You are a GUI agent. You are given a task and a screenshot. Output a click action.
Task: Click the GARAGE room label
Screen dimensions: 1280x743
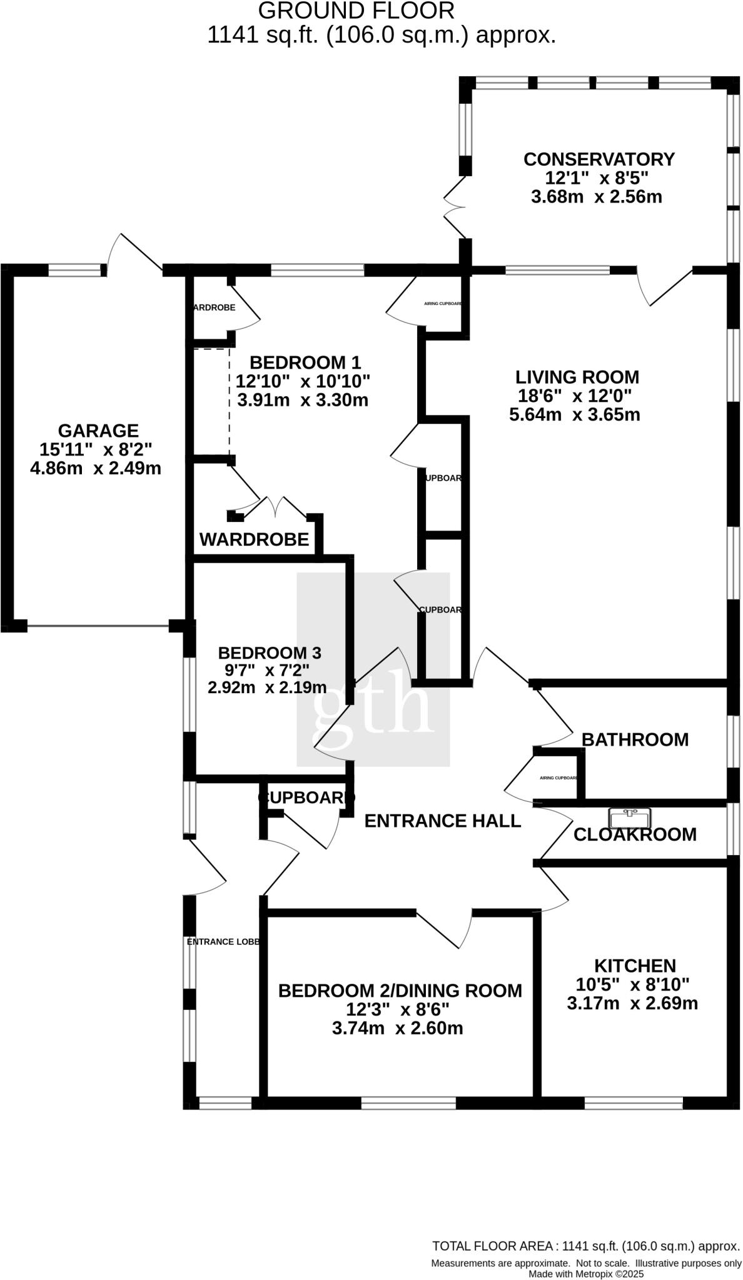[98, 431]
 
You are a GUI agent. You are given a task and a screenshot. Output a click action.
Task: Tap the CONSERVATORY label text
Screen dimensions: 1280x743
[599, 159]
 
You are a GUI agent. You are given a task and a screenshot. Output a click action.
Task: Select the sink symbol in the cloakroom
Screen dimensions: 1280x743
[630, 817]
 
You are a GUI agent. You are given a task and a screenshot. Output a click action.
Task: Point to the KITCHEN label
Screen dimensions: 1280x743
[634, 966]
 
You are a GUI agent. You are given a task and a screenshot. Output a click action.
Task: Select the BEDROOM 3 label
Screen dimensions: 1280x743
[269, 653]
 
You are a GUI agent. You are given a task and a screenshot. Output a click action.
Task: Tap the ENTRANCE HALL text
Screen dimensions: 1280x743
[442, 821]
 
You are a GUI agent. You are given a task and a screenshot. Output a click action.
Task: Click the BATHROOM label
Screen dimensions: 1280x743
[635, 739]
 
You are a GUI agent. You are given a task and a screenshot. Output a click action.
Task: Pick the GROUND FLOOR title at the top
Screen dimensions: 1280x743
[356, 11]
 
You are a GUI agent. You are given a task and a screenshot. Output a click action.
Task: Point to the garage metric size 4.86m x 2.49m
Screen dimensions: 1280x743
[96, 468]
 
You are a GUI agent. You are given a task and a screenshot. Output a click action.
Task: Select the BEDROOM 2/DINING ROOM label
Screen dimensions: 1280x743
[400, 991]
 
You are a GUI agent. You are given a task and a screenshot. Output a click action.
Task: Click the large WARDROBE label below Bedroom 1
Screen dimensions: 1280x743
[254, 539]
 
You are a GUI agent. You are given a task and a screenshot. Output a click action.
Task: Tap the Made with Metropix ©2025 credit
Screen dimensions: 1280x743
[585, 1274]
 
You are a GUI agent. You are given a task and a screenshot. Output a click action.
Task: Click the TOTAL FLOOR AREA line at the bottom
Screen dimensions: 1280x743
[585, 1246]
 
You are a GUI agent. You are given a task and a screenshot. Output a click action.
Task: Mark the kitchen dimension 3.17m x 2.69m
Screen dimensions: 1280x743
[632, 1004]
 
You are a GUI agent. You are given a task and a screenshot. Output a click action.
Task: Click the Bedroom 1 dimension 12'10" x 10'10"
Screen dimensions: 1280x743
[303, 381]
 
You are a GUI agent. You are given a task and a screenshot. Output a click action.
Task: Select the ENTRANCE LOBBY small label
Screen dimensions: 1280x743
[223, 941]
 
